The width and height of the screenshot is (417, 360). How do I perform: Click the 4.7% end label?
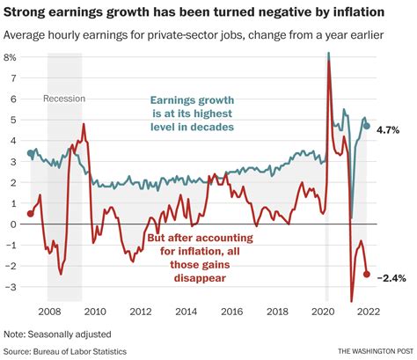(x=390, y=129)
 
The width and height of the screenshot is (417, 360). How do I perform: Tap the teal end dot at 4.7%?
(x=367, y=126)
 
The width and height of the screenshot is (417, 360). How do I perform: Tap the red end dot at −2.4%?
(x=367, y=274)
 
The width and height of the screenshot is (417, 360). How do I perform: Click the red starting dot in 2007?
(x=31, y=213)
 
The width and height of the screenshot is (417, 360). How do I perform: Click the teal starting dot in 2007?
(x=31, y=153)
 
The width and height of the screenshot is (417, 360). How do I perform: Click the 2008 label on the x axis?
(x=48, y=311)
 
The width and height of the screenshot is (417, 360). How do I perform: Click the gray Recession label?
(x=64, y=98)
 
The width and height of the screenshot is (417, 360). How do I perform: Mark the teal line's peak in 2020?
(x=329, y=54)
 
